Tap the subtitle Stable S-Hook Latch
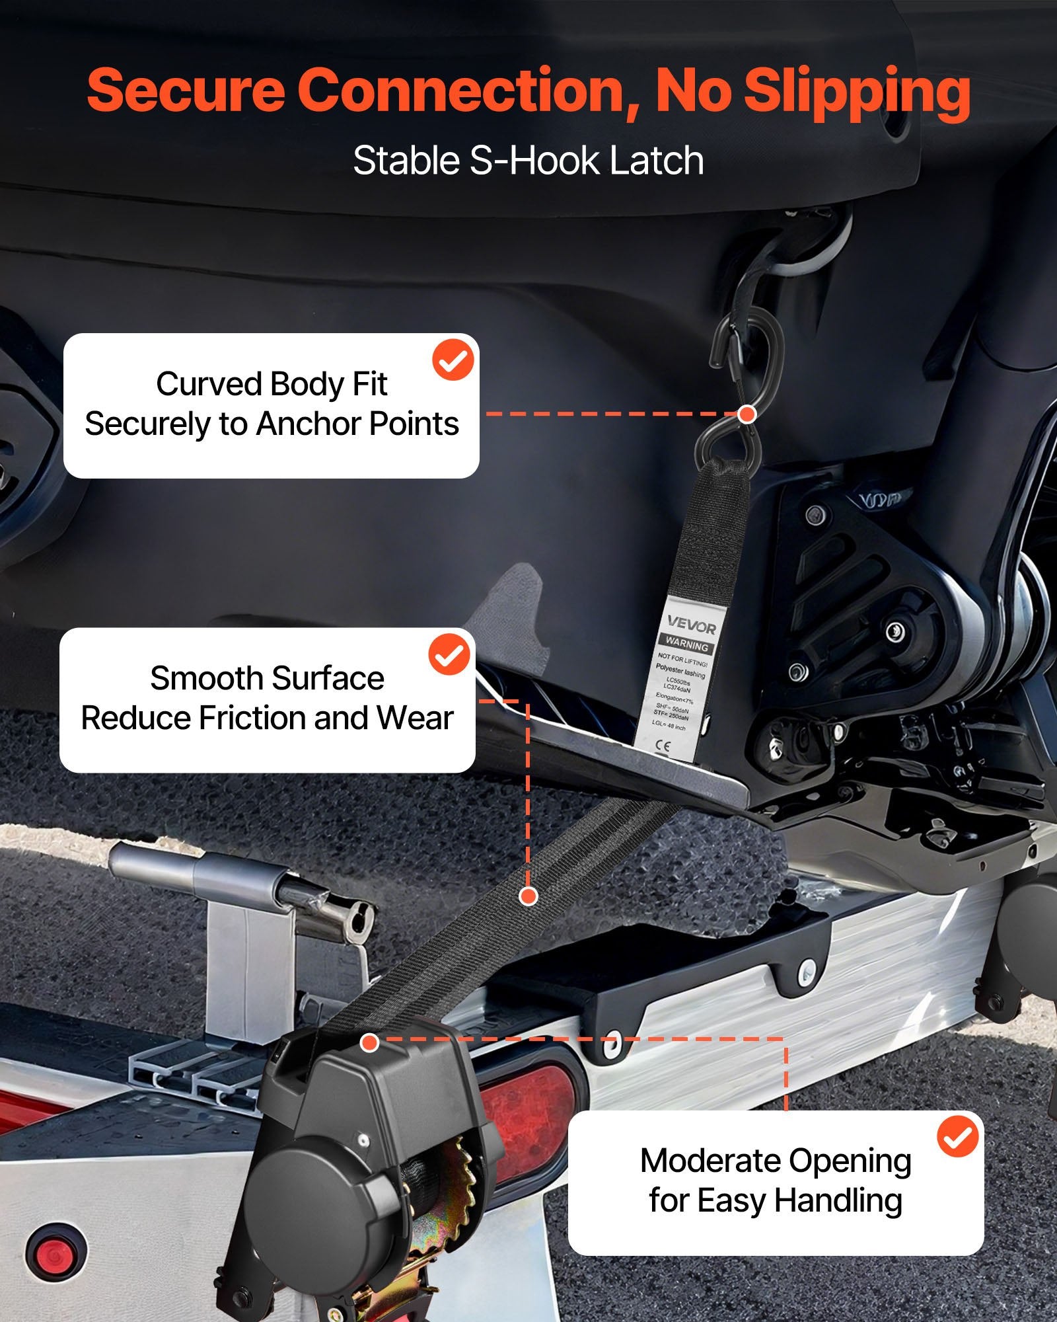528,161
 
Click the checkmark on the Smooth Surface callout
450,654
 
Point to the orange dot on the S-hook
747,414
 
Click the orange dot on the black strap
528,896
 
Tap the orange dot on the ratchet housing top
370,1043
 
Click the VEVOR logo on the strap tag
691,624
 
